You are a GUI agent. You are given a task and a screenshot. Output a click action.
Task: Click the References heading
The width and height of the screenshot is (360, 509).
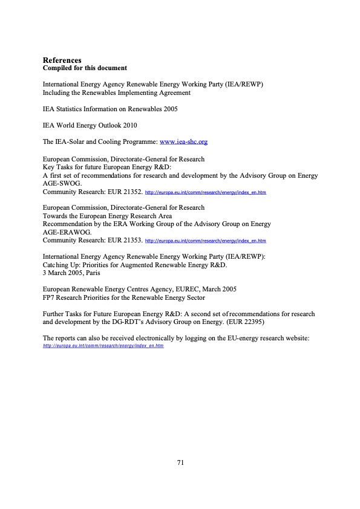(62, 60)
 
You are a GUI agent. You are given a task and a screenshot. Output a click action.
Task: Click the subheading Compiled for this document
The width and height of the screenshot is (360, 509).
(84, 68)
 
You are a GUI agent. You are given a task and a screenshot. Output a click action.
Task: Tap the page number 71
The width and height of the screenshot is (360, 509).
(180, 462)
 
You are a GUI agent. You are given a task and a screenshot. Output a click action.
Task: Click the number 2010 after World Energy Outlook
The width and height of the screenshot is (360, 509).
(128, 126)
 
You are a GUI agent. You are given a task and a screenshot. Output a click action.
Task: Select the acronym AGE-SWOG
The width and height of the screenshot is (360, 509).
(62, 184)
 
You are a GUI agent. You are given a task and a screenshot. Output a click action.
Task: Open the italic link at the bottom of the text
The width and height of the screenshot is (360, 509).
(95, 346)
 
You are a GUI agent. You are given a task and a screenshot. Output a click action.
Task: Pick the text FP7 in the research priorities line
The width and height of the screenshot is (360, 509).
(48, 297)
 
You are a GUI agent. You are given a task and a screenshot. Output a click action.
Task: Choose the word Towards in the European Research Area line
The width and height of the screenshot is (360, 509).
(54, 216)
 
